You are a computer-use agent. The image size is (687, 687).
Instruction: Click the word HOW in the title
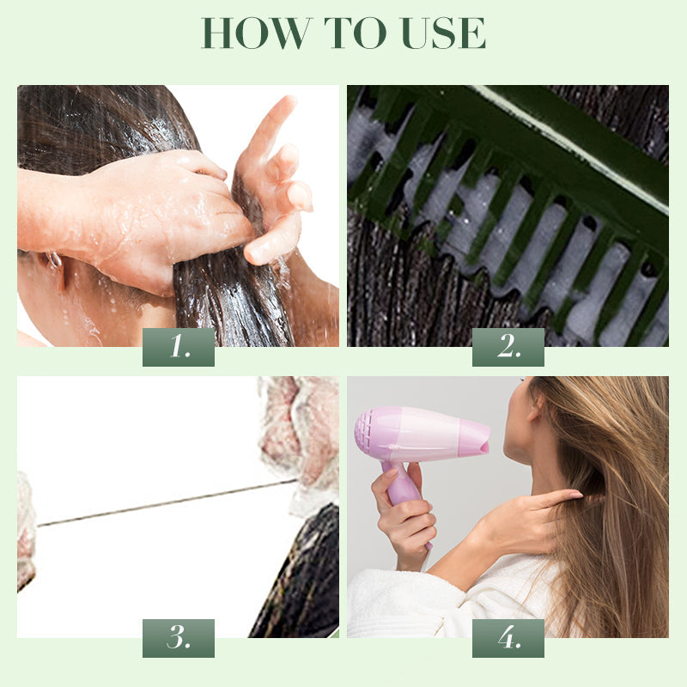[255, 33]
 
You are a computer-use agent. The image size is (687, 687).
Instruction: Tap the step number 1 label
[179, 347]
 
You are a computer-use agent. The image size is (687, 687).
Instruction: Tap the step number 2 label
[508, 347]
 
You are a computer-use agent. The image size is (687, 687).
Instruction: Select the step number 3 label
[179, 638]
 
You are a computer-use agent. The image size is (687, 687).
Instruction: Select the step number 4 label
[508, 638]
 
